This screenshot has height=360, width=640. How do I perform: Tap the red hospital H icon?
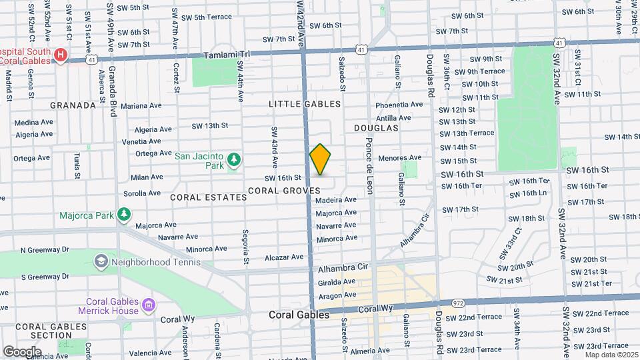(x=61, y=55)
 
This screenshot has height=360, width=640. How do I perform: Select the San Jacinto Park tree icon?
(x=233, y=159)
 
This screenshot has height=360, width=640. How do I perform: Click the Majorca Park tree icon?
(x=123, y=213)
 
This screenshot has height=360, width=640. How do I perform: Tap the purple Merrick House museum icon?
(x=148, y=305)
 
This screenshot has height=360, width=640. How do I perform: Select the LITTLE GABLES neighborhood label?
(x=305, y=104)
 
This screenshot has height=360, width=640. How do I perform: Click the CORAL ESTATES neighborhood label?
(x=208, y=197)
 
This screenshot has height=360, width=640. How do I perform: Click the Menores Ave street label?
(x=400, y=158)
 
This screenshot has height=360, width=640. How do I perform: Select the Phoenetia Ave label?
(x=399, y=105)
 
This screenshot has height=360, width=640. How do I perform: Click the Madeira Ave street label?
(x=336, y=200)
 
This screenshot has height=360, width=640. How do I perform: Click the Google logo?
(x=22, y=351)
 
